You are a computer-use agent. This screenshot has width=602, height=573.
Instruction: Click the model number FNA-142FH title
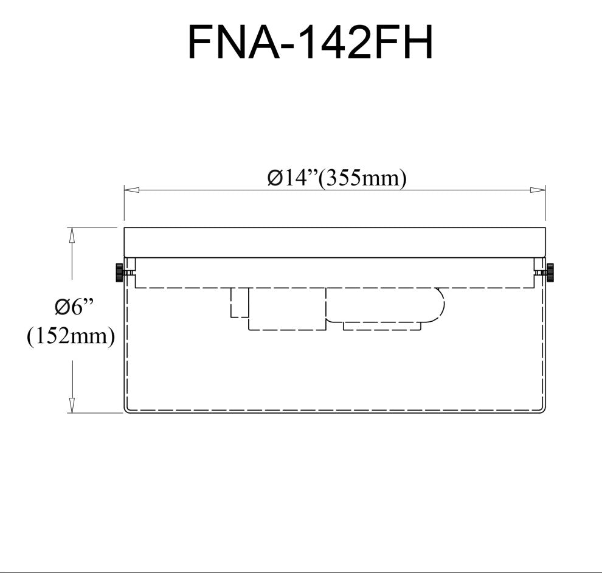pos(310,41)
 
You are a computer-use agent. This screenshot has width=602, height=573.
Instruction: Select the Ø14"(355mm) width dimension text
pos(337,178)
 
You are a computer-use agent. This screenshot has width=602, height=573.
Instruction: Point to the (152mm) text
pos(71,336)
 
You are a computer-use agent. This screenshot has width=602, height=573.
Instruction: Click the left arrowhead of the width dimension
pos(131,190)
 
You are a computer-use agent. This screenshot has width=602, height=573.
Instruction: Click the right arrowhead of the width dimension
pos(538,190)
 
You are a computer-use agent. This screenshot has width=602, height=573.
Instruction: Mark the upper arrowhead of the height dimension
pos(71,235)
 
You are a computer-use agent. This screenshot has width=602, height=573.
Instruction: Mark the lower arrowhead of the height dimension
pos(71,406)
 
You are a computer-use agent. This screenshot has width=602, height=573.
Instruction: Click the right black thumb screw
pos(550,273)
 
